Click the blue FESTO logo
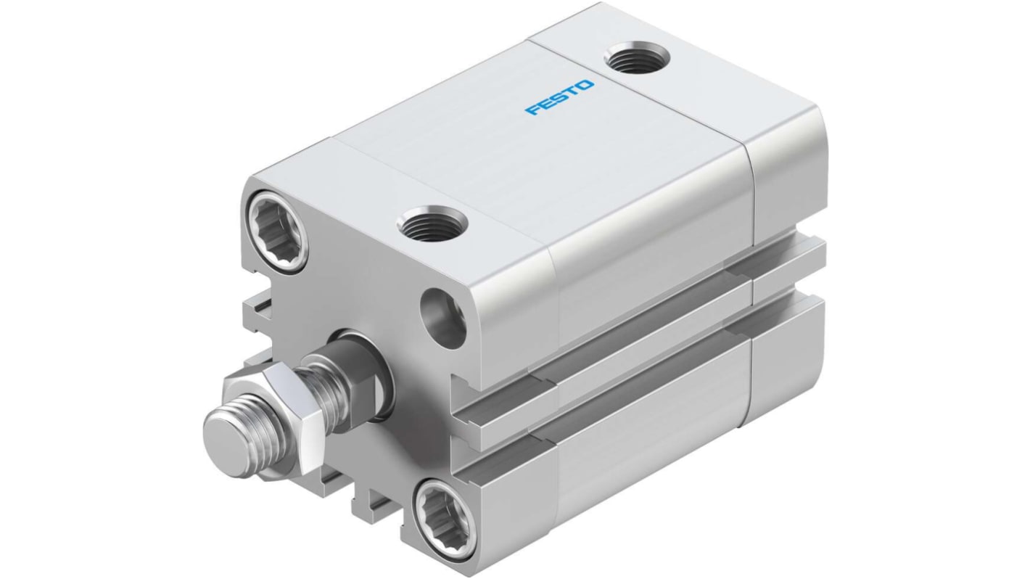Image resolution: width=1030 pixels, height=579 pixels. point(559,97)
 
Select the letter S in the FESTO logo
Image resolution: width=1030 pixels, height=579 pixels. point(559,98)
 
